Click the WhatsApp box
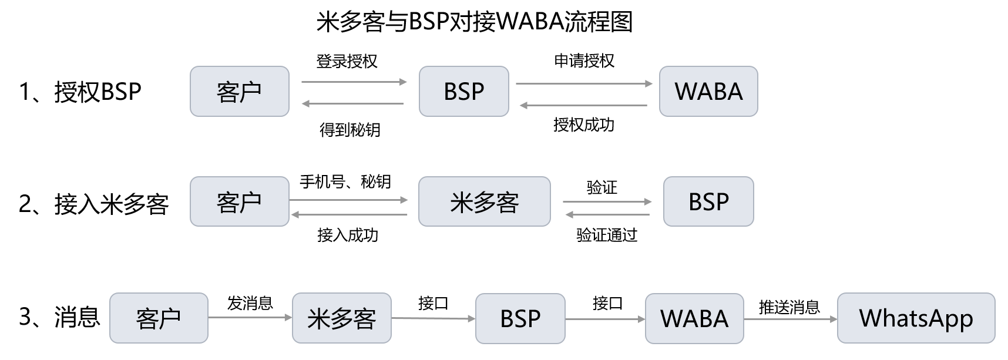pos(916,318)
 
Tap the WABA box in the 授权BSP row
pos(708,91)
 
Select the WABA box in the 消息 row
pos(694,318)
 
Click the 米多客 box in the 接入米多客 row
pos(485,201)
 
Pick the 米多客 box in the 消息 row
pos(342,318)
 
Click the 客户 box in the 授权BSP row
pos(240,91)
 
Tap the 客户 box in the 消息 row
pos(159,318)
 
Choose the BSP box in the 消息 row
pos(520,318)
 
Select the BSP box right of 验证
pos(708,201)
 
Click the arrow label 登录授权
pos(347,61)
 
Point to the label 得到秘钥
pos(350,130)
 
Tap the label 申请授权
pos(584,60)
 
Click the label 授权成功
pos(584,125)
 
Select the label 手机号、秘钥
pos(345,181)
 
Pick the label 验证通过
pos(607,235)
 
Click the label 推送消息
pos(789,307)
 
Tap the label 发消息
pos(250,303)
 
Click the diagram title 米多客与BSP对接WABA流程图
pos(475,22)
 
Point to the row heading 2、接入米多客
pos(94,204)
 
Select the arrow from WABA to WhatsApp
pos(791,319)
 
